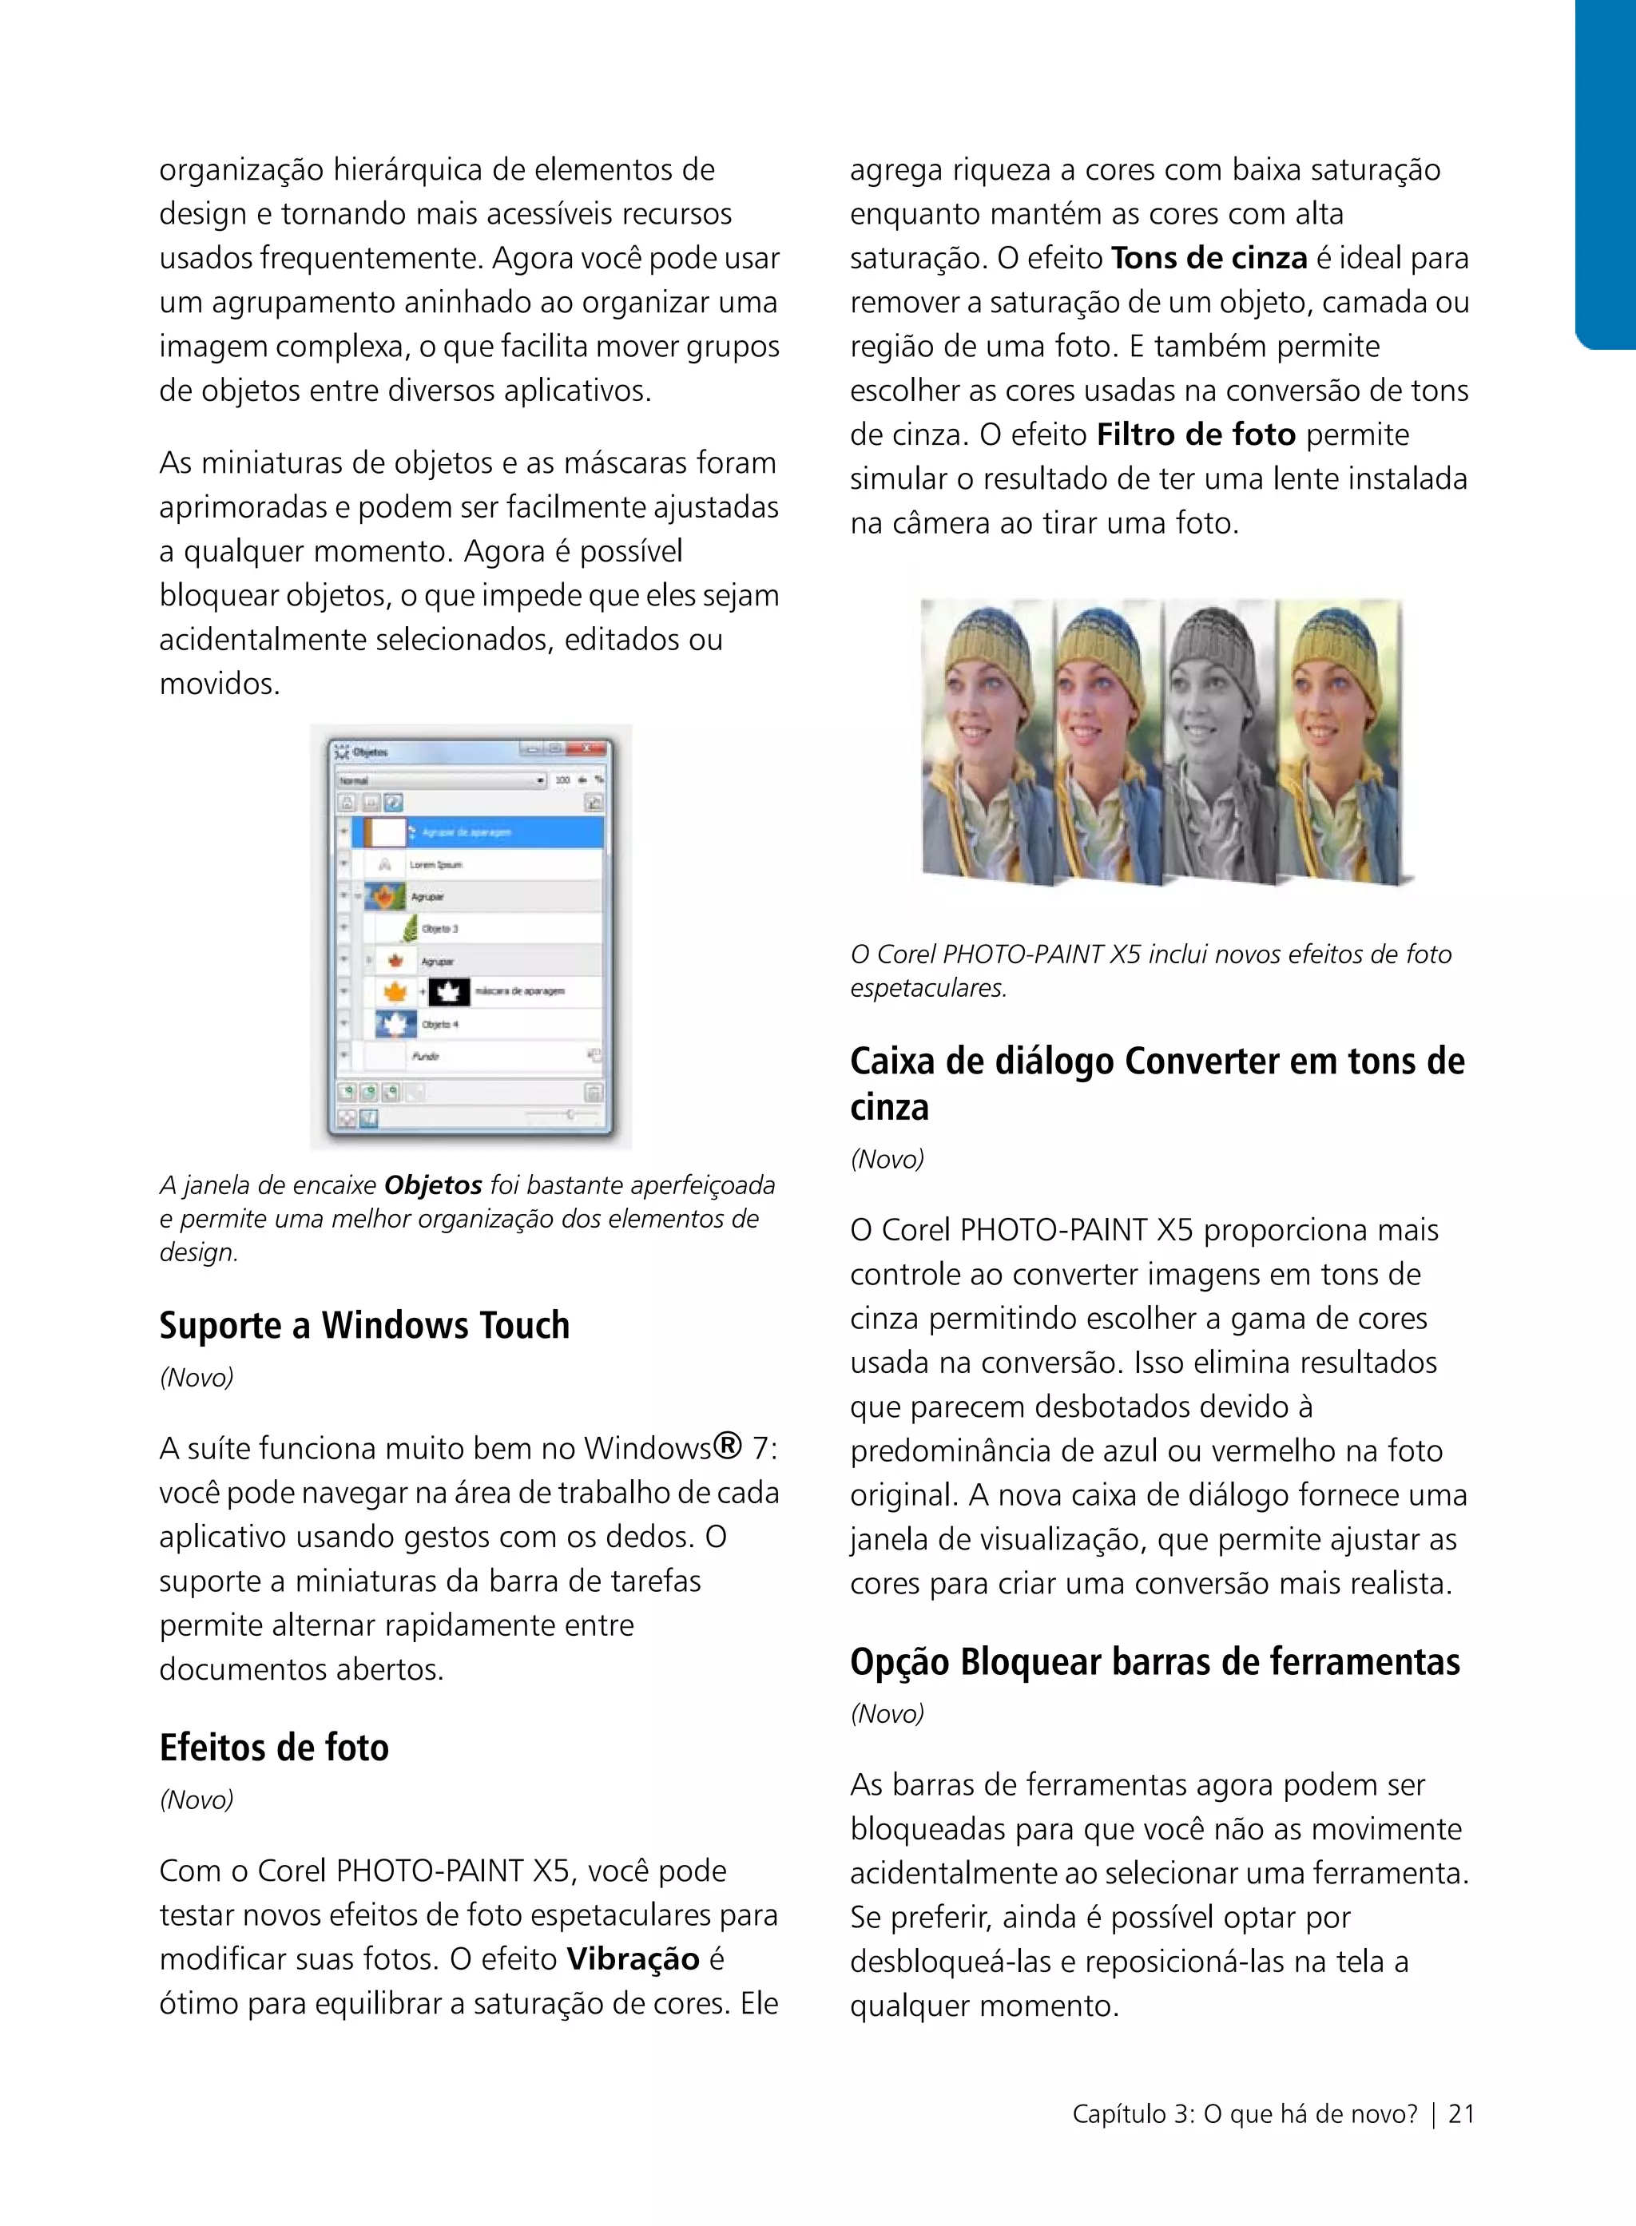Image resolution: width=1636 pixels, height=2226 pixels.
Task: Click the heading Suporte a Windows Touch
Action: coord(364,1325)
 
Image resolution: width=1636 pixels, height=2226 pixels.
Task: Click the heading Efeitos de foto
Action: coord(274,1747)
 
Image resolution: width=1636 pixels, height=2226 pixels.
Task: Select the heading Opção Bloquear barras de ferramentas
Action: coord(1155,1661)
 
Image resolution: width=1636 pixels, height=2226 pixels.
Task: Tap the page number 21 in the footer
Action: coord(1461,2114)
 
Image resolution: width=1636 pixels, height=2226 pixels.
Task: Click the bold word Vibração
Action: coord(633,1958)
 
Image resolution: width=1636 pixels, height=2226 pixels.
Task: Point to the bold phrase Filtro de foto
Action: coord(1197,434)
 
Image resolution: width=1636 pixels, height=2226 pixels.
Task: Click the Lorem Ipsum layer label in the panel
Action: coord(435,864)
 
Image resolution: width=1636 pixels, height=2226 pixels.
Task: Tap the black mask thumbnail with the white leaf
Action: coord(449,991)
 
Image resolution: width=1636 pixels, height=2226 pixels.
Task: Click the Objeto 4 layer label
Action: coord(439,1024)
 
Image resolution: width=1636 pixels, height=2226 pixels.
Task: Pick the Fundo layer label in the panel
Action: coord(425,1057)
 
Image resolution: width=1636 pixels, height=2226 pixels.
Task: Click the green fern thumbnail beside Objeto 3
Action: coord(409,929)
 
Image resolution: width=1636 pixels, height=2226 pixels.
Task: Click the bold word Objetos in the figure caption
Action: coord(433,1185)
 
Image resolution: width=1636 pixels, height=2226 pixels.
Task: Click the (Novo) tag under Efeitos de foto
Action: coord(196,1799)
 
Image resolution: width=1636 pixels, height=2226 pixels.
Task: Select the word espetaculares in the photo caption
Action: coord(928,988)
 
